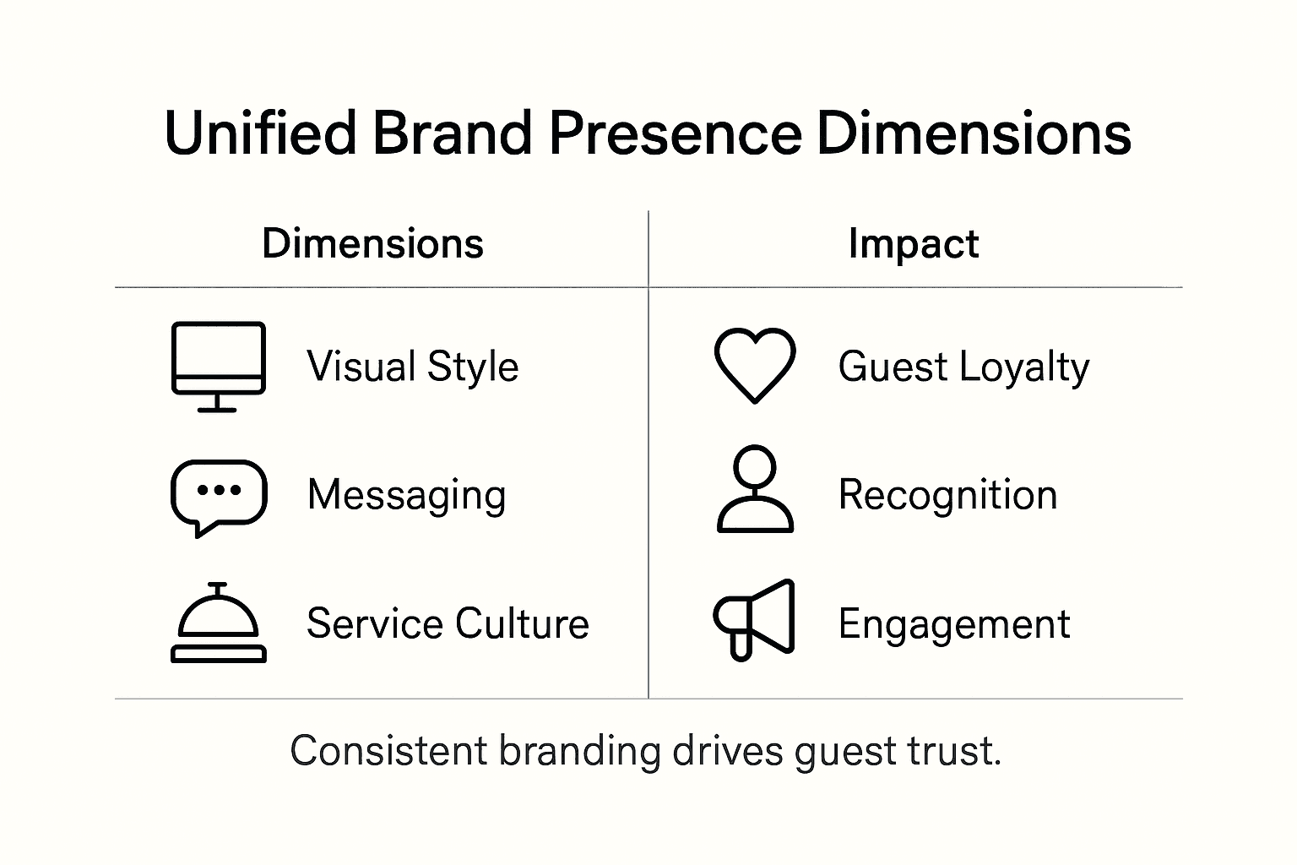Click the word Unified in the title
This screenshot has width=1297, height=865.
click(260, 134)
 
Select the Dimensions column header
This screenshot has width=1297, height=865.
click(372, 244)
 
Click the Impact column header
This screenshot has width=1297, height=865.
click(913, 244)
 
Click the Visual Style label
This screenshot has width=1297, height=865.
click(412, 367)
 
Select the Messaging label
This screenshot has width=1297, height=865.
click(406, 496)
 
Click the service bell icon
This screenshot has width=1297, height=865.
click(219, 623)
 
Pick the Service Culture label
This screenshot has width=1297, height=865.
click(448, 624)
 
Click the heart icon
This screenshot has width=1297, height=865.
click(754, 365)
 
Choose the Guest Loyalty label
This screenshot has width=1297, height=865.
click(963, 367)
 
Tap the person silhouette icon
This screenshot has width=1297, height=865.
click(754, 489)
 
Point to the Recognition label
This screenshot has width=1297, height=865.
click(947, 495)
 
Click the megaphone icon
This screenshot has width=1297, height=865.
click(754, 619)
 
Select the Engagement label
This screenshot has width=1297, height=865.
click(954, 625)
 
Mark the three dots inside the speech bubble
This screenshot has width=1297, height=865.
click(219, 490)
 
